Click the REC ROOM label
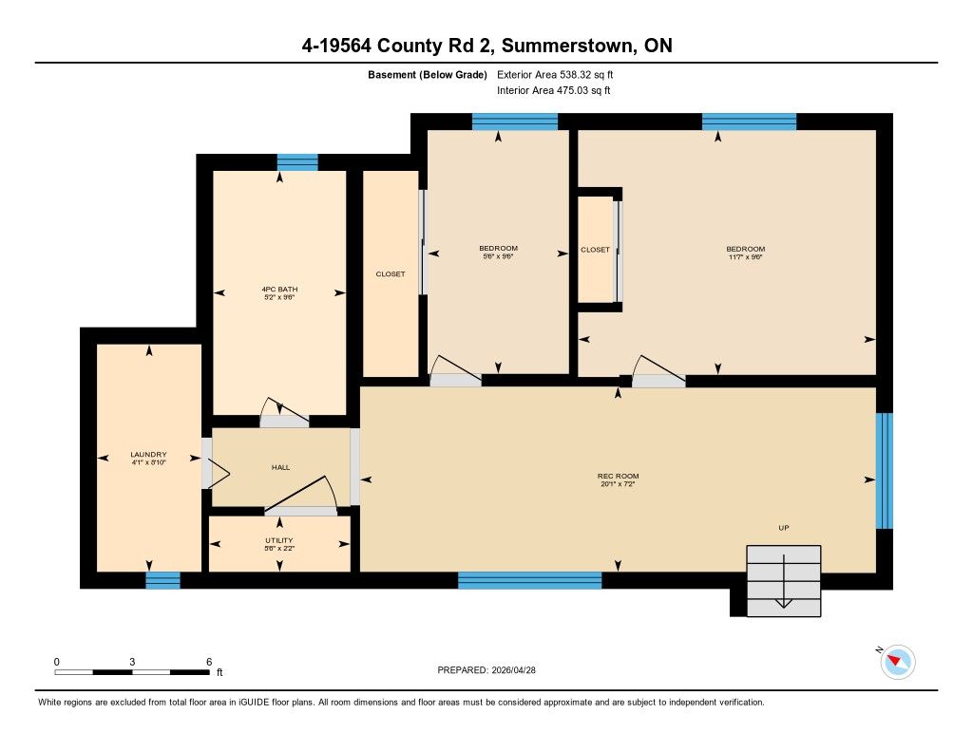(x=618, y=477)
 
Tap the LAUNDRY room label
(x=148, y=455)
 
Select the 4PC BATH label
(x=279, y=289)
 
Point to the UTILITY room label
(x=279, y=540)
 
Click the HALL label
(x=280, y=467)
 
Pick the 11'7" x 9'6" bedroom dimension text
(x=745, y=256)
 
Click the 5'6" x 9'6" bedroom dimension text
(x=498, y=256)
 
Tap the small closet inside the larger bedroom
(x=596, y=250)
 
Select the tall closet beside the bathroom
(x=391, y=273)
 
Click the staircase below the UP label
(x=784, y=581)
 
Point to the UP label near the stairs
(x=784, y=528)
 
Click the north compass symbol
(x=897, y=662)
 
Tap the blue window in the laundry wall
(x=162, y=580)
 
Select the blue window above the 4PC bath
(x=297, y=162)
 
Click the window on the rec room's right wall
(x=885, y=471)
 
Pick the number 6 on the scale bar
(x=209, y=662)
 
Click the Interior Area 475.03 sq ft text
(x=554, y=90)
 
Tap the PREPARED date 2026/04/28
(x=513, y=669)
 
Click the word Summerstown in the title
(x=568, y=46)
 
